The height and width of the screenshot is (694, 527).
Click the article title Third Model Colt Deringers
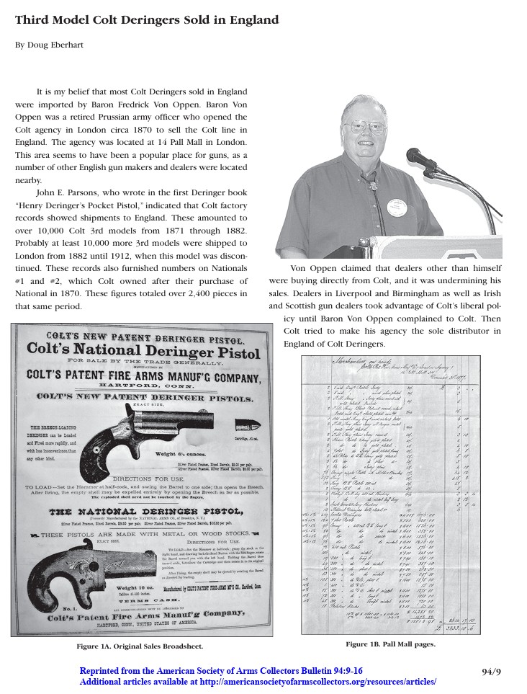pos(147,20)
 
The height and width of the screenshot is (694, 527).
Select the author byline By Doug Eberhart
pos(49,45)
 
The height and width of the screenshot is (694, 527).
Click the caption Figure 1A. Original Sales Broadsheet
pos(140,646)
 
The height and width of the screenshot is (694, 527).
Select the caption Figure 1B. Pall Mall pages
pos(389,644)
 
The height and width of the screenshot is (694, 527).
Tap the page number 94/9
pos(491,672)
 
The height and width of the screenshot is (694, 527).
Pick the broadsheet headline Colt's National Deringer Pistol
pos(143,352)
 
